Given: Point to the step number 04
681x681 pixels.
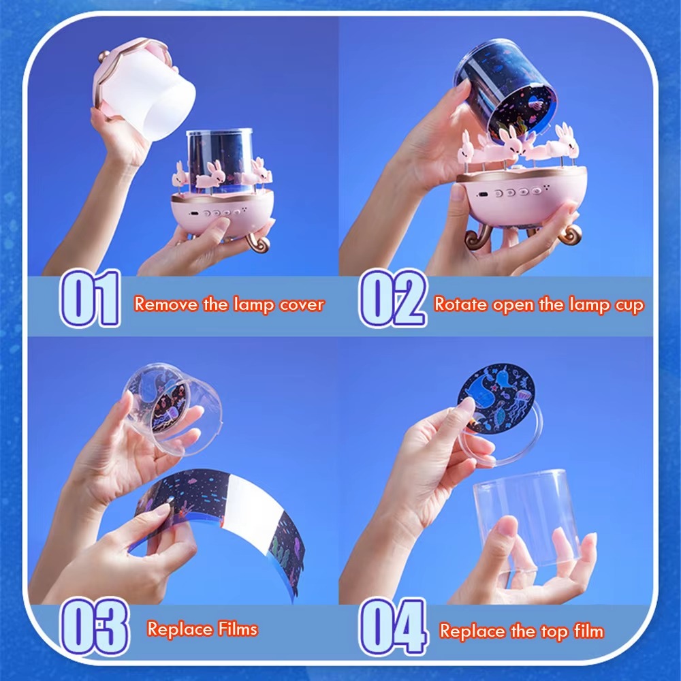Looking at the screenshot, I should tap(393, 626).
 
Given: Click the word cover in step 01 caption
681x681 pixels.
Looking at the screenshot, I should tap(301, 304).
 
